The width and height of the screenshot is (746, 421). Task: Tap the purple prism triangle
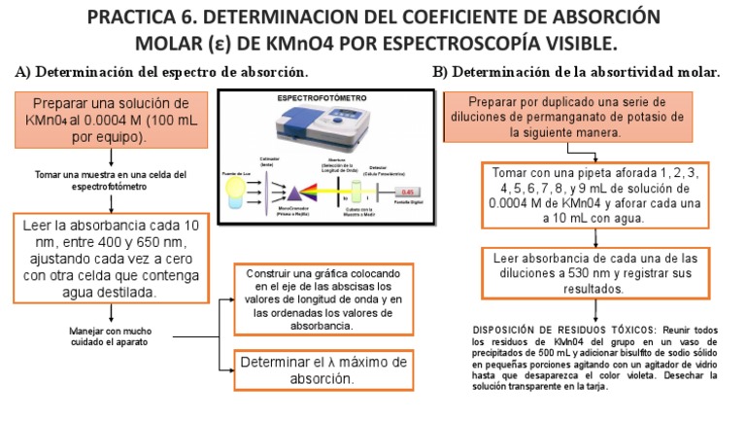(x=295, y=193)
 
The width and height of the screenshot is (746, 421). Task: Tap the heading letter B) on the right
(x=440, y=72)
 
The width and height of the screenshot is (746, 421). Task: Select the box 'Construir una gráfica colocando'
(x=322, y=298)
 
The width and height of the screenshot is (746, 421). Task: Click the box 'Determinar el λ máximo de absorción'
(x=323, y=369)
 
